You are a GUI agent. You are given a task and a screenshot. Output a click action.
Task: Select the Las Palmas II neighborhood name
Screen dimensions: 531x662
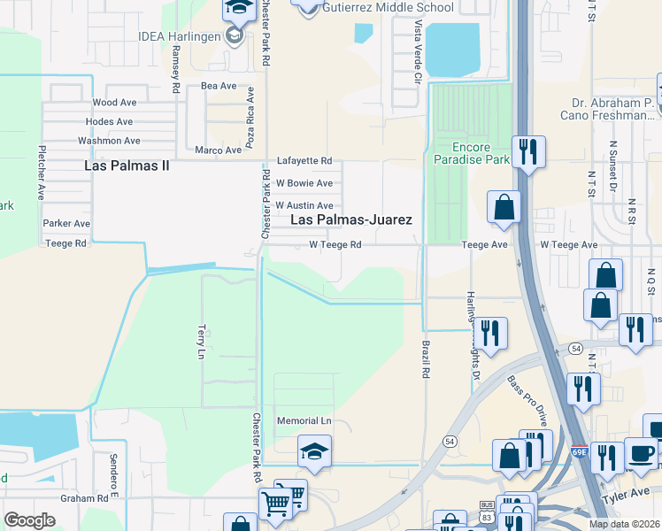point(127,165)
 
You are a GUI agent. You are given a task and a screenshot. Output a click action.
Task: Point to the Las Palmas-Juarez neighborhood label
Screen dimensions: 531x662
point(351,219)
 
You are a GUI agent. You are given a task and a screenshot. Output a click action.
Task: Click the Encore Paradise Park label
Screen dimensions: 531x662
point(469,153)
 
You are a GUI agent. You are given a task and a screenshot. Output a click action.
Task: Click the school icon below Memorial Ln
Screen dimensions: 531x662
point(314,451)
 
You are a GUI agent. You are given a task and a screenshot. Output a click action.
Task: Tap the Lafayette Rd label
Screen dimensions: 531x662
point(304,161)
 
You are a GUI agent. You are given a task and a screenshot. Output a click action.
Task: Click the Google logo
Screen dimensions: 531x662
point(30,520)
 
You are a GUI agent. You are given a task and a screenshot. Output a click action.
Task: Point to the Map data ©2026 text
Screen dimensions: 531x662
point(624,524)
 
